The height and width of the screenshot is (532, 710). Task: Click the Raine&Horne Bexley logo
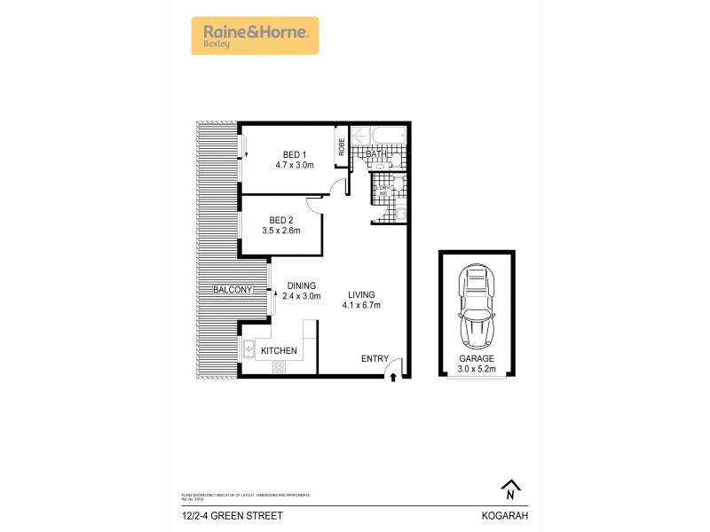click(x=255, y=35)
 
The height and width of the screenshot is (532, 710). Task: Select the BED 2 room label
click(x=280, y=220)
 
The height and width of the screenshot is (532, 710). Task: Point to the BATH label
click(x=378, y=155)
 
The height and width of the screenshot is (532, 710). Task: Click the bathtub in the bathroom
click(x=379, y=136)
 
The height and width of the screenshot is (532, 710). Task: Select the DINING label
click(x=301, y=286)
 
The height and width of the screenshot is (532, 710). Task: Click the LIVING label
click(x=361, y=295)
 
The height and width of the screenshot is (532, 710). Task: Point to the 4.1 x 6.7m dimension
click(x=361, y=307)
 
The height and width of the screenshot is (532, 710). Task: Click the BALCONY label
click(x=233, y=290)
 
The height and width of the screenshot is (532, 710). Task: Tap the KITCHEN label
click(x=278, y=351)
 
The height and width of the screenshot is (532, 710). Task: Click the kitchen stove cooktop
click(x=285, y=367)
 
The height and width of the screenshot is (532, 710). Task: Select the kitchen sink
click(x=250, y=349)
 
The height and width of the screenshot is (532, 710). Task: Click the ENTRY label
click(x=375, y=358)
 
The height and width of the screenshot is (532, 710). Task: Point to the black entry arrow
click(x=393, y=378)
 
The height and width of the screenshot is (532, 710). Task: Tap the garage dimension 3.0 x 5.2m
click(x=477, y=369)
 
